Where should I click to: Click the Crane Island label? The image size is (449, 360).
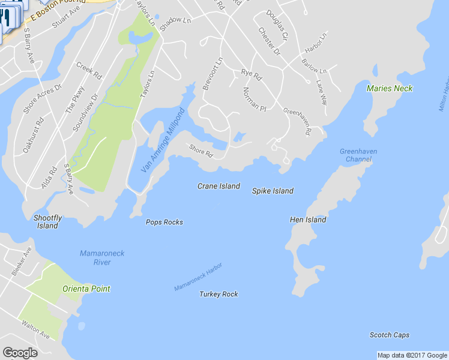click(x=218, y=186)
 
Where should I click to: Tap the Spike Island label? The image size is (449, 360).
click(x=273, y=191)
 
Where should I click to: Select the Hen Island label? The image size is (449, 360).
click(x=308, y=220)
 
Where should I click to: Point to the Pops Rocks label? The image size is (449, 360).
click(x=164, y=222)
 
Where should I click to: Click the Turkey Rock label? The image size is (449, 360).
click(x=218, y=294)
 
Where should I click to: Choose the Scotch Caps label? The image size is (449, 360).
click(x=389, y=335)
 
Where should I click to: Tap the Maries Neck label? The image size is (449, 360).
click(x=390, y=88)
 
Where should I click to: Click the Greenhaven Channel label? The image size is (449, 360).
click(x=358, y=155)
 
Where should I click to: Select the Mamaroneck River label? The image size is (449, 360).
click(x=102, y=257)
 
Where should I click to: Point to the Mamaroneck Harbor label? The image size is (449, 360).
click(x=199, y=277)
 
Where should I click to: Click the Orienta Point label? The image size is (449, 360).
click(x=86, y=289)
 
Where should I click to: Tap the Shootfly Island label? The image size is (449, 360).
click(x=47, y=221)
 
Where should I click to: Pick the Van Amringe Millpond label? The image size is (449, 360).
click(x=163, y=141)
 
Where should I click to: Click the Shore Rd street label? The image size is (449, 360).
click(x=201, y=150)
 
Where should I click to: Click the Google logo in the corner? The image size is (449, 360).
click(x=20, y=353)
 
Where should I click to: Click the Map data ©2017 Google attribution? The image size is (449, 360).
click(x=412, y=355)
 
